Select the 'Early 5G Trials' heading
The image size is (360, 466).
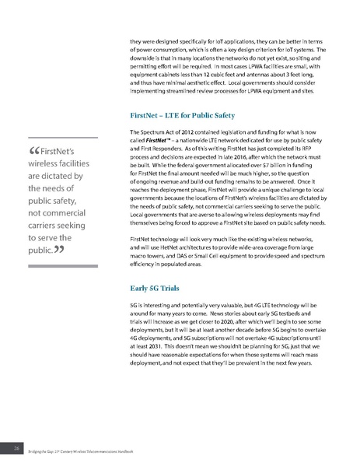click(160, 286)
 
